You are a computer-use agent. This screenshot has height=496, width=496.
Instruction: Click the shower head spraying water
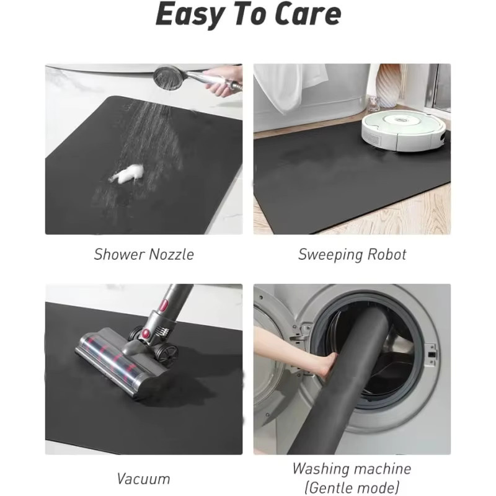tap(169, 77)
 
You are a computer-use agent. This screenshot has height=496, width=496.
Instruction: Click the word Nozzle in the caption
tap(171, 254)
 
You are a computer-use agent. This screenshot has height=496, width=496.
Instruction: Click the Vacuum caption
tap(143, 479)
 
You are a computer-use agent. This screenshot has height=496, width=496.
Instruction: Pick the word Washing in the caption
tap(319, 469)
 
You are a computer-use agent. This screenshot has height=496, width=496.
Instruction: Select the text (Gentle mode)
tap(352, 487)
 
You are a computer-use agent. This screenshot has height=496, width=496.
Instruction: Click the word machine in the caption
tap(381, 469)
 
